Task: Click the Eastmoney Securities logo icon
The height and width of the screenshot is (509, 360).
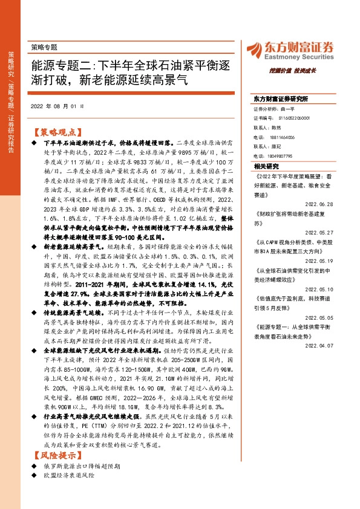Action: [x=253, y=48]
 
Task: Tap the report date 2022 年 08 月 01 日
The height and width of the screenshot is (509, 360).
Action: [x=57, y=106]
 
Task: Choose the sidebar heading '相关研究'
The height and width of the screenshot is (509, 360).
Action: [x=267, y=166]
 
